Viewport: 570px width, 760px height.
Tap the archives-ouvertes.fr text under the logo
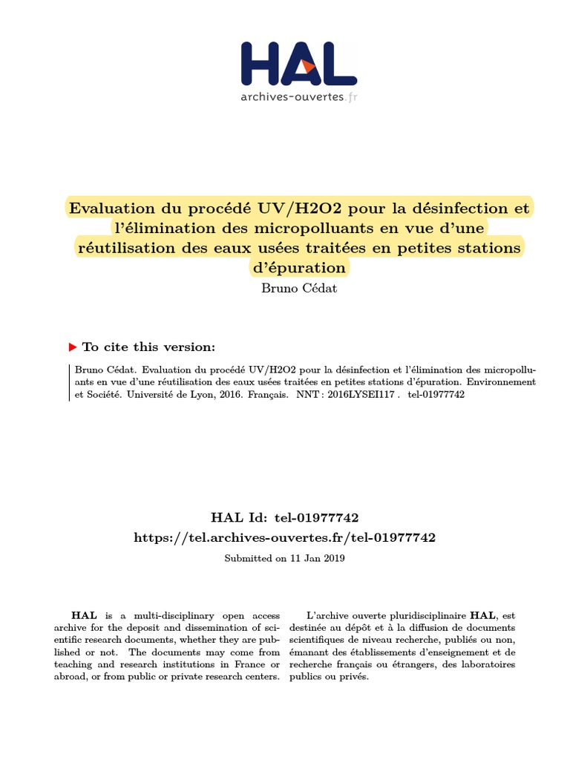(x=299, y=96)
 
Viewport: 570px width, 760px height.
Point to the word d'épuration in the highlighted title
(x=300, y=266)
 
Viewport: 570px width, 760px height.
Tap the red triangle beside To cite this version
(x=72, y=347)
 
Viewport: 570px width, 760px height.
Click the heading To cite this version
(x=148, y=347)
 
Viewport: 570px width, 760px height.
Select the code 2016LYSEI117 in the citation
(x=364, y=396)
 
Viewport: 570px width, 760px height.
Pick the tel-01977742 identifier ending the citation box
(x=436, y=396)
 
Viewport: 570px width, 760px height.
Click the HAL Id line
(x=285, y=517)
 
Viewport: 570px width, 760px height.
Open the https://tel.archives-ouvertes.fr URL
(x=285, y=537)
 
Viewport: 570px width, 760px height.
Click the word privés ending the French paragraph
(x=352, y=677)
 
